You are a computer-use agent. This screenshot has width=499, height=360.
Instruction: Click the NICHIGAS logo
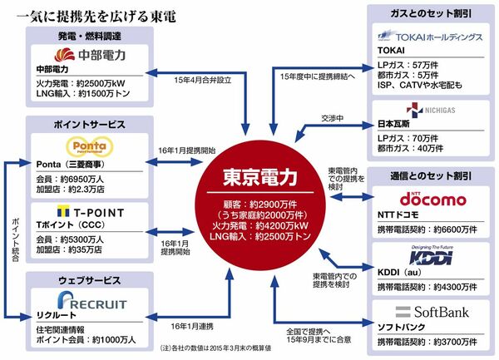pos(425,110)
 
